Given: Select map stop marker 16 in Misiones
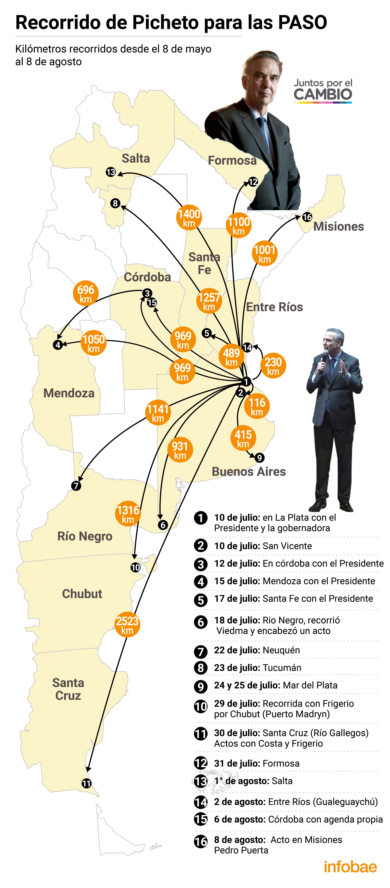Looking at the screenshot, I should (x=307, y=217).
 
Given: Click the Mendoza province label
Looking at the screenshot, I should (x=69, y=393).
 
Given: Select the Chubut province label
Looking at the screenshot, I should (x=82, y=594).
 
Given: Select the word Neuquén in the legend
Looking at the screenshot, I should (x=281, y=650).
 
